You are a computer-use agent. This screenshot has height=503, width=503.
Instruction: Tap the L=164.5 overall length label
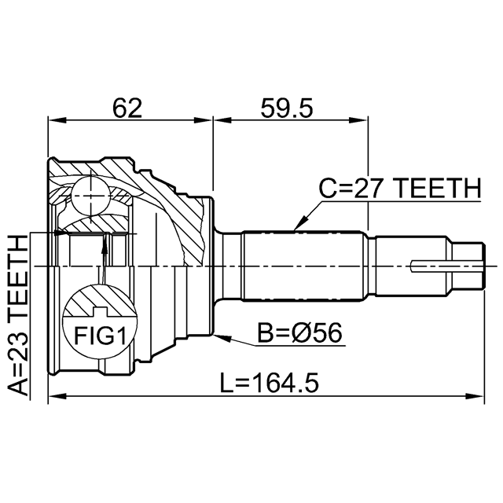(269, 383)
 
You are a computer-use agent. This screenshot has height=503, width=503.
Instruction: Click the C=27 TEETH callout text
(400, 189)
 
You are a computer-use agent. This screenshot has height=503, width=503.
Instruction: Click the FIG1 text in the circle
(100, 336)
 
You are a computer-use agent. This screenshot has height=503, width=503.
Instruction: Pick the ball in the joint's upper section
(91, 196)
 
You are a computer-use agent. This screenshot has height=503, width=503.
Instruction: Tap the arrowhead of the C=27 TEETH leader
(299, 224)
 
